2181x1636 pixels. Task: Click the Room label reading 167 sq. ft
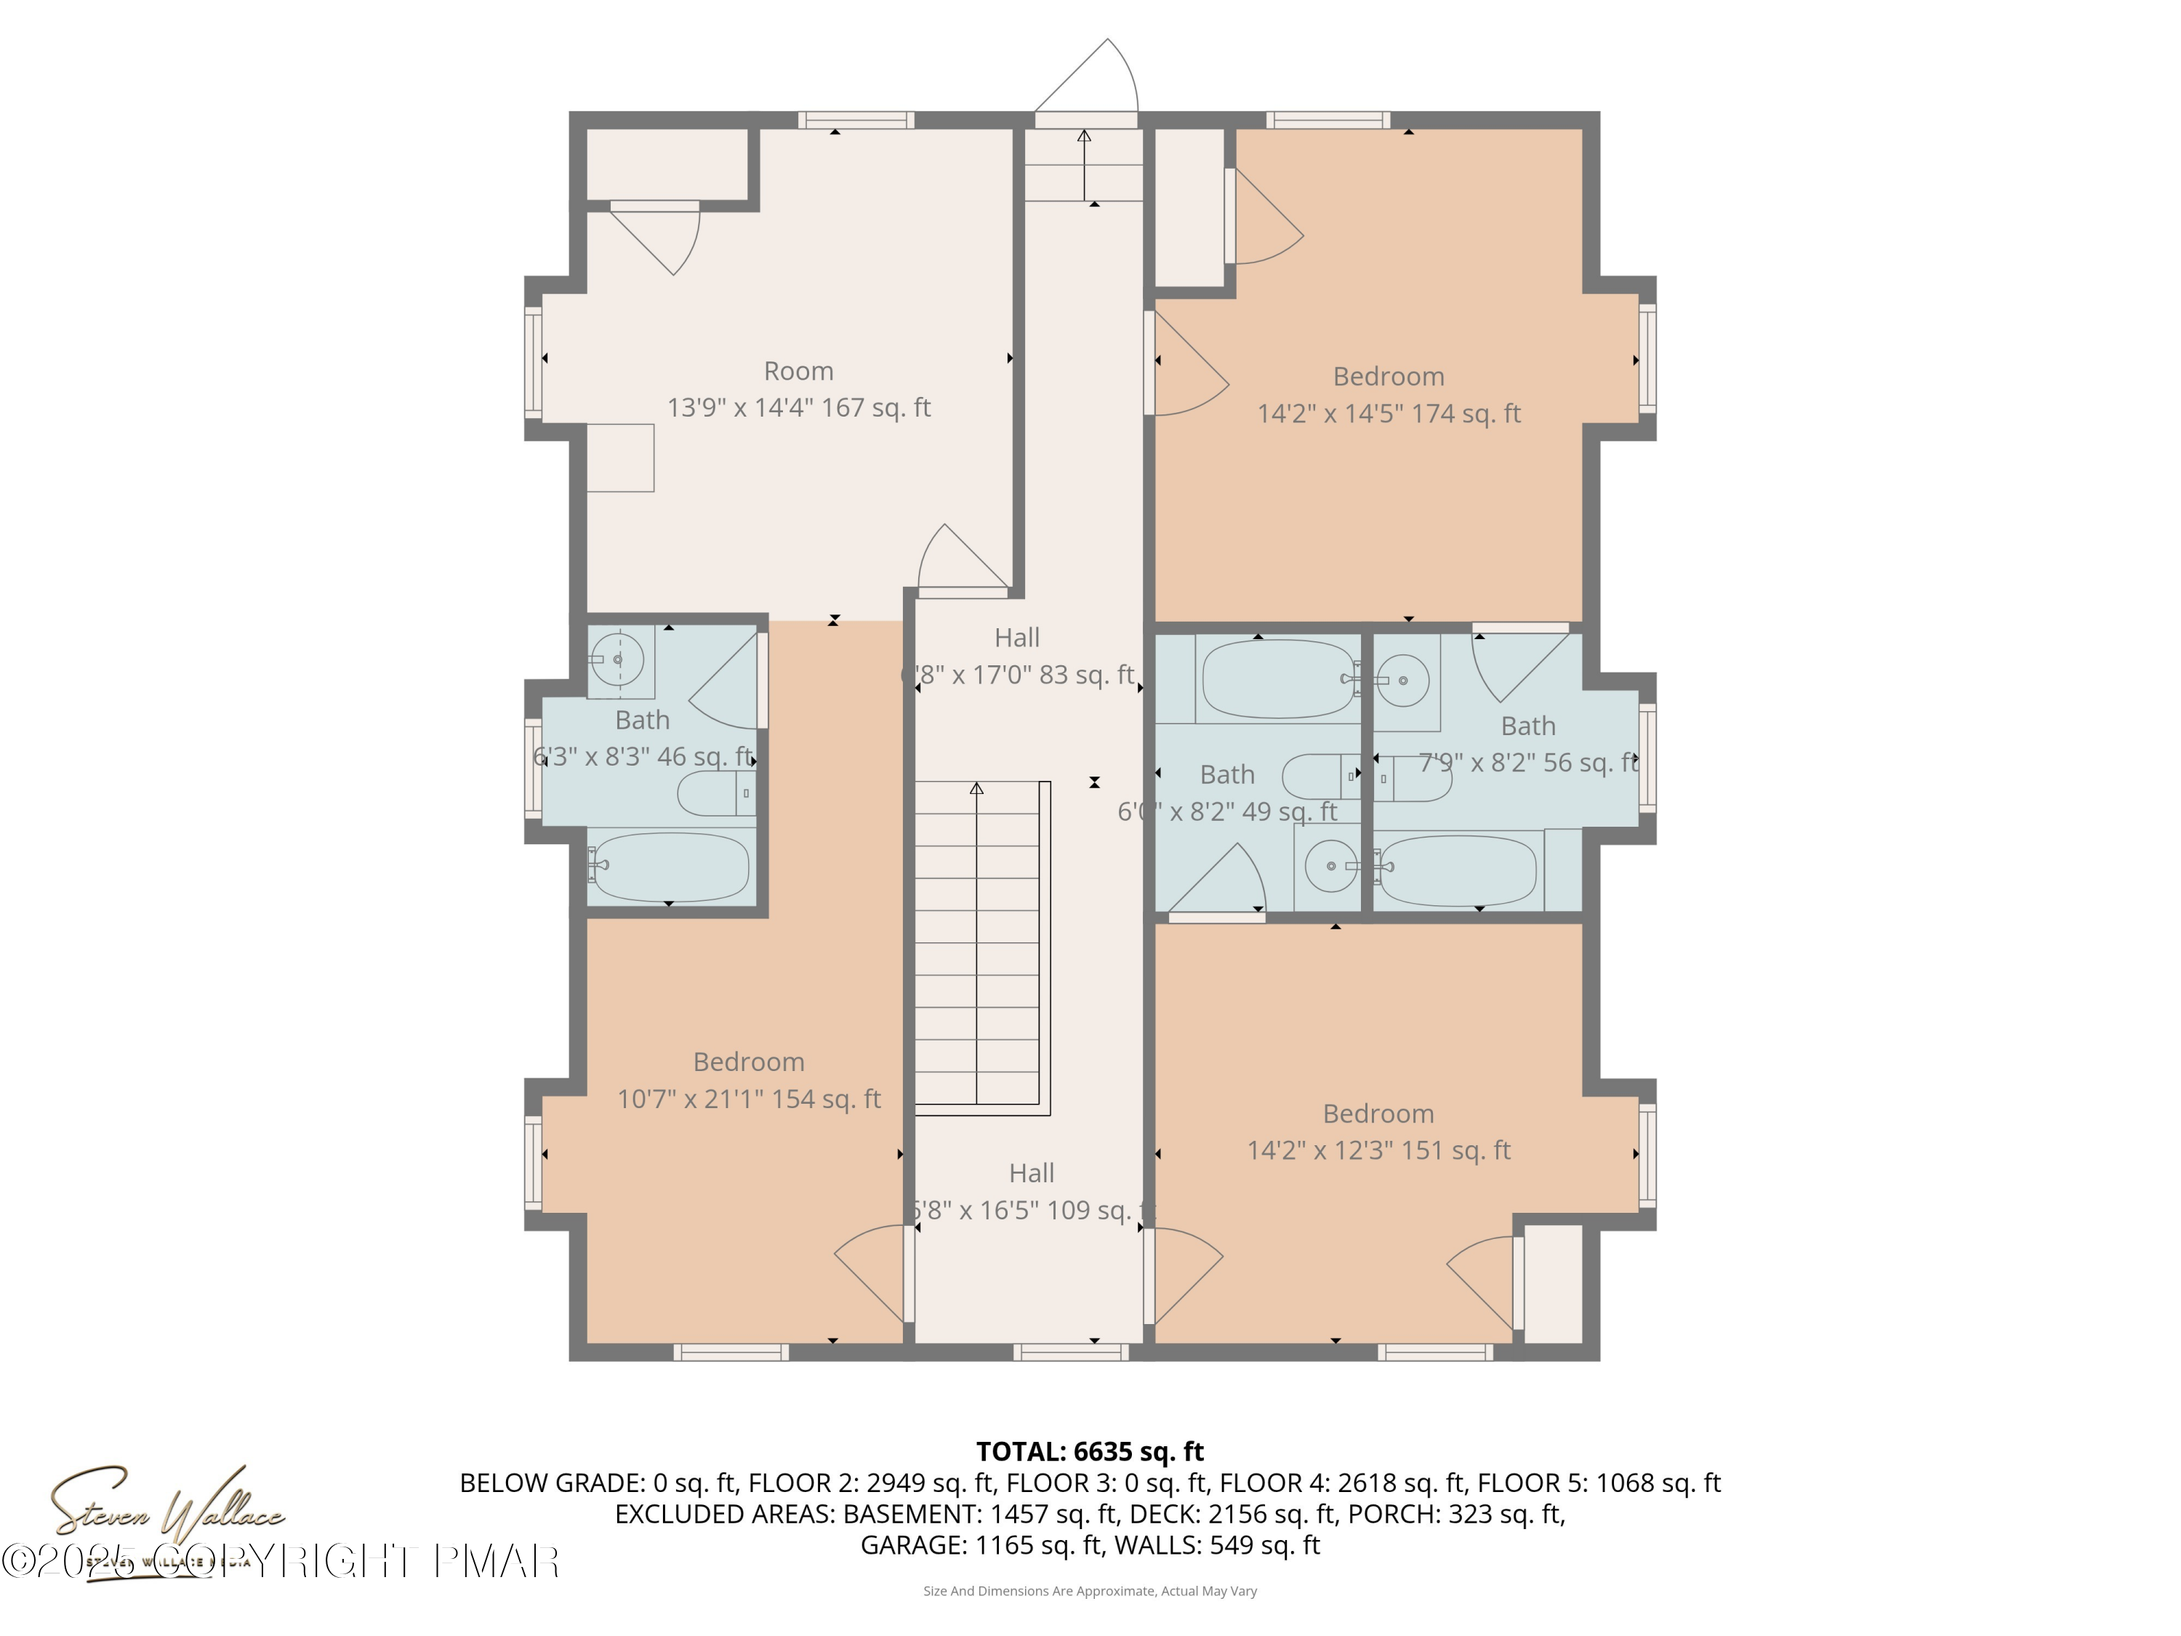(x=799, y=390)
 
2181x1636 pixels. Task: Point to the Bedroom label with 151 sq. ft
(x=1378, y=1132)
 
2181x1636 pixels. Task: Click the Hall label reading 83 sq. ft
(x=1018, y=657)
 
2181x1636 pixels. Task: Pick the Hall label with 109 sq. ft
(x=1032, y=1191)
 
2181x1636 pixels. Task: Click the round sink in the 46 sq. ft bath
(x=618, y=659)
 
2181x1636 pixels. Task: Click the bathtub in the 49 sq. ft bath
(x=1278, y=678)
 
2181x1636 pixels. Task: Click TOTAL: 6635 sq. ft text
(x=1090, y=1451)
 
